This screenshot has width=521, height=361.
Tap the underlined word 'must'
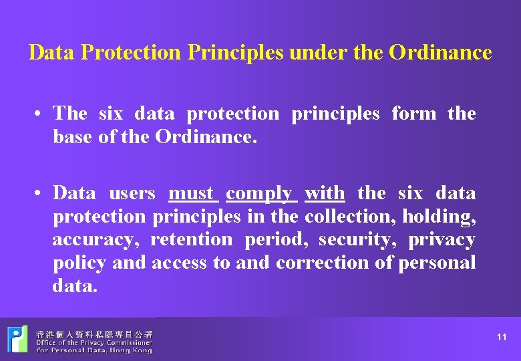(x=191, y=193)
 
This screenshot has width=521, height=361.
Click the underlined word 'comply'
(x=258, y=194)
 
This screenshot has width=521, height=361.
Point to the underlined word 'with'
(x=325, y=193)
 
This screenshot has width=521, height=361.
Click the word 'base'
(x=71, y=136)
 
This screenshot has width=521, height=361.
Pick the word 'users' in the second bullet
(x=132, y=193)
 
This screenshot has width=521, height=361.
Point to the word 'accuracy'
(x=95, y=240)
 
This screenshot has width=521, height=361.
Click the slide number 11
(x=502, y=338)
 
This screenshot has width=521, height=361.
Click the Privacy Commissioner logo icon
(x=17, y=340)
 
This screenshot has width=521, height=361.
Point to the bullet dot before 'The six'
(x=41, y=114)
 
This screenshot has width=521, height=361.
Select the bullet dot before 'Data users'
(x=41, y=194)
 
